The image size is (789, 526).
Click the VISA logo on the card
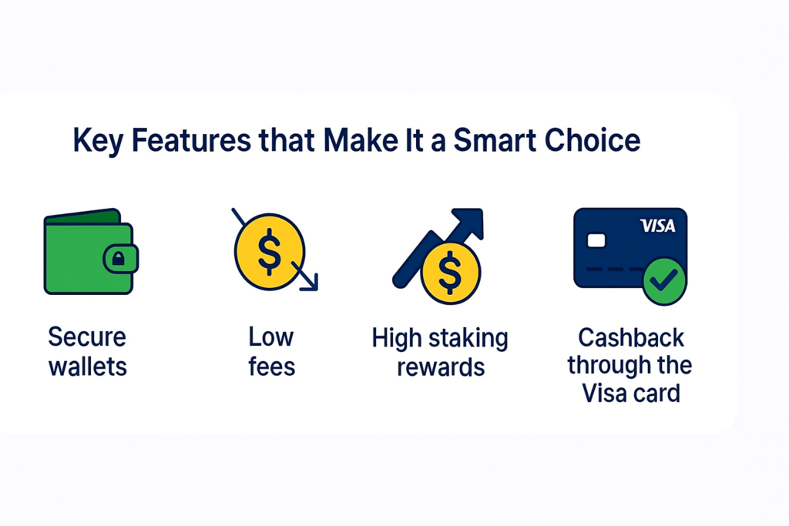pyautogui.click(x=656, y=226)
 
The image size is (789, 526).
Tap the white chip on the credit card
pyautogui.click(x=596, y=240)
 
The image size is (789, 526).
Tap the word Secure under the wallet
pyautogui.click(x=87, y=337)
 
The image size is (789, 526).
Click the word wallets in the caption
pyautogui.click(x=87, y=366)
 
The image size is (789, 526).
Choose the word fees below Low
pyautogui.click(x=271, y=366)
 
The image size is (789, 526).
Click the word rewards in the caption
pyautogui.click(x=441, y=367)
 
